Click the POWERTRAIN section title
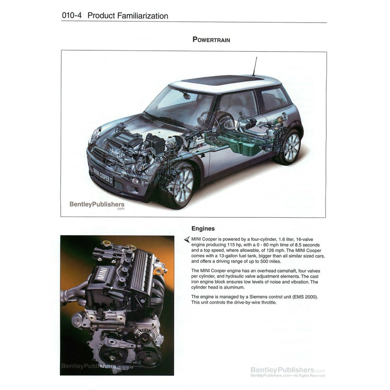(x=211, y=40)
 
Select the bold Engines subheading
(x=203, y=229)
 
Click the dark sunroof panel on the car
(x=217, y=80)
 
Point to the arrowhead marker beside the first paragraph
(x=187, y=239)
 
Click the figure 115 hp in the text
(x=230, y=245)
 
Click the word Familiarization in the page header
(x=142, y=16)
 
